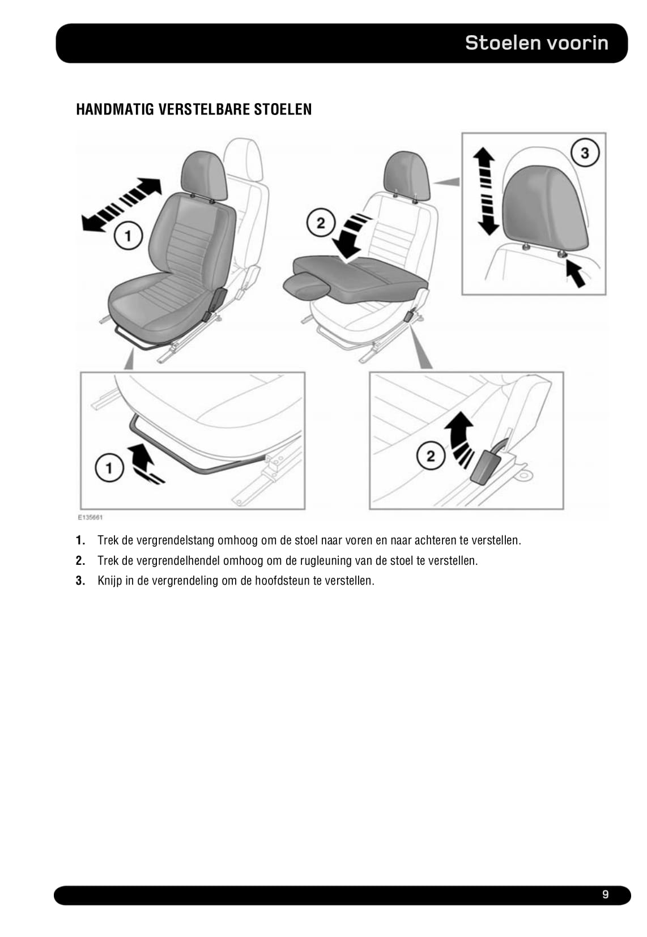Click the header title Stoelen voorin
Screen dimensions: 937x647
point(536,43)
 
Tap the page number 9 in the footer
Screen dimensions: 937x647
point(605,895)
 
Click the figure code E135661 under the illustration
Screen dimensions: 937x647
point(90,517)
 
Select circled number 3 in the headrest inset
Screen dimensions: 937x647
point(584,152)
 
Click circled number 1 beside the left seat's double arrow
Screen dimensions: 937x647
point(128,235)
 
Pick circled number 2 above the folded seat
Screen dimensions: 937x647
point(320,223)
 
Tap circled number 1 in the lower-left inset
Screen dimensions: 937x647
point(109,468)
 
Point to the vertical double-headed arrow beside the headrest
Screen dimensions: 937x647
point(486,191)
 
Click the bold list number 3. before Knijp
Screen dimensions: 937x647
point(80,581)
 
